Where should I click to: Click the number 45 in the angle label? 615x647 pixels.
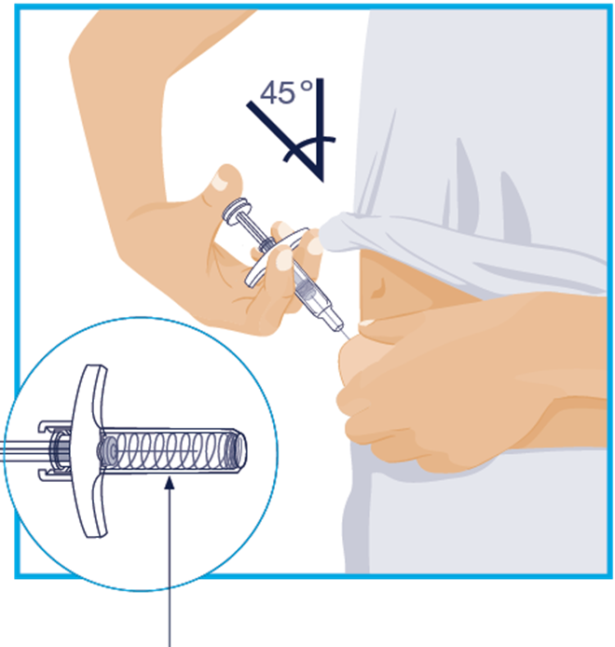pos(278,92)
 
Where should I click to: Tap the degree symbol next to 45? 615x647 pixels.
pos(307,86)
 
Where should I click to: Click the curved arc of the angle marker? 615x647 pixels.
pos(307,145)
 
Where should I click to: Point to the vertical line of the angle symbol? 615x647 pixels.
pos(321,130)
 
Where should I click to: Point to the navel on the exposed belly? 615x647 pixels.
pos(377,287)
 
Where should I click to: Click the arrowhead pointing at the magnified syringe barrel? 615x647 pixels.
pos(170,483)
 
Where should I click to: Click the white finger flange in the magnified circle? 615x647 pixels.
pos(89,450)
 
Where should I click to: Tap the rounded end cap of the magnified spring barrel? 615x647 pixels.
pos(239,450)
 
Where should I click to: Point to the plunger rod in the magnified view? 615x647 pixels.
pos(25,450)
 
